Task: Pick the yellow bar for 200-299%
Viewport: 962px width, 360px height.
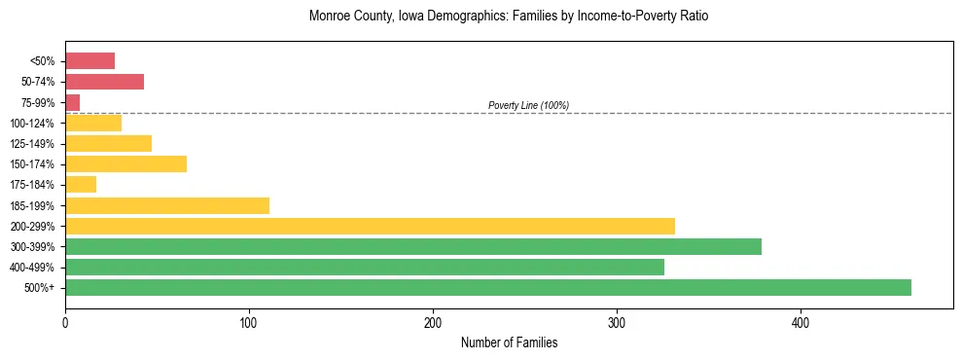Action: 370,227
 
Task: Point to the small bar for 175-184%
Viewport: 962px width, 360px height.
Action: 81,185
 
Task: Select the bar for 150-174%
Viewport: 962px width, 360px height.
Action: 125,164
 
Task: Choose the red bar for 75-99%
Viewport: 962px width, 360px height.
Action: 73,103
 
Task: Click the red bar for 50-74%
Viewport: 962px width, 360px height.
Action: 104,82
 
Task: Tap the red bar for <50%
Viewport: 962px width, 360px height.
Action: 89,61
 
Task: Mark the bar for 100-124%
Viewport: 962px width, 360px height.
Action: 93,124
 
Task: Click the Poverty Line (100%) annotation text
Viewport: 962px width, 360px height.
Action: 528,105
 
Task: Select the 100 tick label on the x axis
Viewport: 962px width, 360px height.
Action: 249,322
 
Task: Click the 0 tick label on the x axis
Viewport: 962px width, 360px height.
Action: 65,322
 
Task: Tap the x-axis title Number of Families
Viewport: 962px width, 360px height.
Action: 509,342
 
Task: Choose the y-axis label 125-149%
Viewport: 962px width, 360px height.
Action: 32,144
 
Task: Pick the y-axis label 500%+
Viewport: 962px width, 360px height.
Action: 40,288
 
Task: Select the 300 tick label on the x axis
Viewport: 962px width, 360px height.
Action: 617,322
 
